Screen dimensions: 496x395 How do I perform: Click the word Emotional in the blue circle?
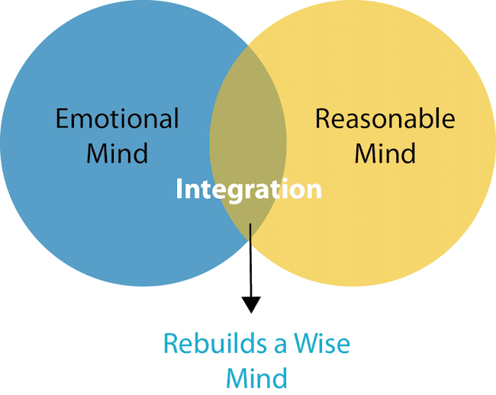coord(117,118)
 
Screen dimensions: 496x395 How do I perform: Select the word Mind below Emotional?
coord(117,153)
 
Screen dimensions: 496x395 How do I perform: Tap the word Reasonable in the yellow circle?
coord(385,118)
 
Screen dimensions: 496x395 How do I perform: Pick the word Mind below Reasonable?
coord(385,153)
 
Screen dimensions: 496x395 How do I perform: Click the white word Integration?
coord(249,190)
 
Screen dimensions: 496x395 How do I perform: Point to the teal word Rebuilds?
coord(215,343)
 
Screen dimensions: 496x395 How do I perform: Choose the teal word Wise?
coord(322,343)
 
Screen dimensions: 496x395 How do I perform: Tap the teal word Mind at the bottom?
coord(256,378)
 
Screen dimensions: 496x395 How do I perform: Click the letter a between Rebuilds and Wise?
coord(280,347)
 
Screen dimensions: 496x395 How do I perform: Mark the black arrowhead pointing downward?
coord(251,304)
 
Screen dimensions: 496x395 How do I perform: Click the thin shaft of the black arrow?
coord(251,260)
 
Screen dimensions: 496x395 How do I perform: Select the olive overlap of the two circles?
coord(248,142)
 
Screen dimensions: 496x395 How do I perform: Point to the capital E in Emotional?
coord(63,118)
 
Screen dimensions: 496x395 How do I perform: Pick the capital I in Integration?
coord(179,190)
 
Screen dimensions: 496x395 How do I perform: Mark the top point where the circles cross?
coord(248,46)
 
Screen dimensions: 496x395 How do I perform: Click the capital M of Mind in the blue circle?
coord(97,153)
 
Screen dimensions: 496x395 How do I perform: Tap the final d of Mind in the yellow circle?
coord(409,153)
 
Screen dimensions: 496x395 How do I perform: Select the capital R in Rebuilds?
coord(171,343)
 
